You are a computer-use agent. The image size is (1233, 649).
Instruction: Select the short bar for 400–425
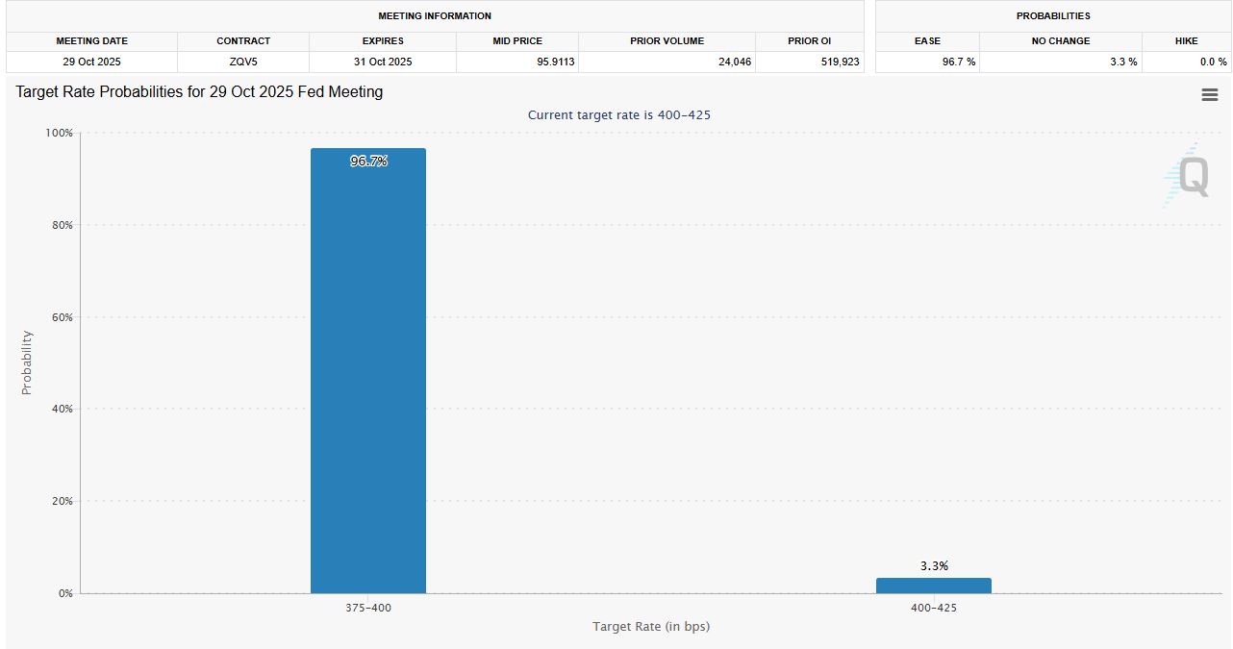[x=933, y=586]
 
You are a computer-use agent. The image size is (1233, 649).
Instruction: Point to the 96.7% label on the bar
[x=368, y=162]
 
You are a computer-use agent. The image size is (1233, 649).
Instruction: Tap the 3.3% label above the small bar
[x=934, y=566]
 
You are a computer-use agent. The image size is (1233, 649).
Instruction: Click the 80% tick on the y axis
[x=61, y=225]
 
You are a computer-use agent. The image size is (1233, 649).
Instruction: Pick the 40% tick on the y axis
[x=61, y=410]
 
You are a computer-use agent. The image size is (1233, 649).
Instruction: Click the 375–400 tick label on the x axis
[x=368, y=609]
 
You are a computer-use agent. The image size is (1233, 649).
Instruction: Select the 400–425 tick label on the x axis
[x=934, y=609]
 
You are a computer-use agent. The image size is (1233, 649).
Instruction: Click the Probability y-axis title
[x=27, y=362]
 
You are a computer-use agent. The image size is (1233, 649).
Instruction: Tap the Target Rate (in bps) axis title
[x=651, y=627]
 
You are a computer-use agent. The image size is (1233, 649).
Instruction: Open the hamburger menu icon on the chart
[x=1210, y=94]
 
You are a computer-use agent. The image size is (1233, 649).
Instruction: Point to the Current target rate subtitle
[x=619, y=115]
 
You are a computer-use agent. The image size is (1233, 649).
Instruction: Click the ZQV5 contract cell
[x=243, y=62]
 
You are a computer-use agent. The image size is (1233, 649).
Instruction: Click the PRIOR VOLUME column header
[x=667, y=41]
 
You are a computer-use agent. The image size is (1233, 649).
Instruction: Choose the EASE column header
[x=927, y=41]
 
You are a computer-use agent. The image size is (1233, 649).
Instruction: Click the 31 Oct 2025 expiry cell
[x=383, y=62]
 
